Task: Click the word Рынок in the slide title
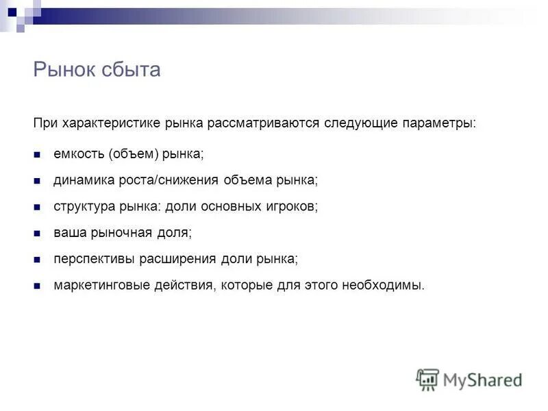[x=64, y=70]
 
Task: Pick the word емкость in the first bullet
[x=78, y=154]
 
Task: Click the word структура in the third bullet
[x=81, y=206]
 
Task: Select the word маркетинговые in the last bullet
[x=95, y=285]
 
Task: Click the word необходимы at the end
[x=389, y=285]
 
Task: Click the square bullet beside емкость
[x=38, y=155]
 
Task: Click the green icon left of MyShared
[x=427, y=379]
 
